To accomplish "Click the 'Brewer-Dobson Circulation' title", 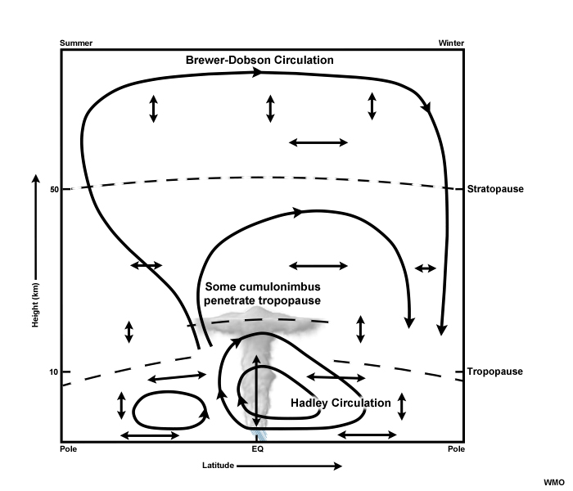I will click(259, 61).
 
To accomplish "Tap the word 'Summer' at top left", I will click(77, 42).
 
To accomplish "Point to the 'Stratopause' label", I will click(494, 189).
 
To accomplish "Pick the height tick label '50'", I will click(54, 189).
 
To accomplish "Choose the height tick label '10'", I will click(54, 372).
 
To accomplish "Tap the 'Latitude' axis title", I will click(219, 466).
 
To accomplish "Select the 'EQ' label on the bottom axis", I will click(256, 449).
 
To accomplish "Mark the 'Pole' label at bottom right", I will click(456, 449).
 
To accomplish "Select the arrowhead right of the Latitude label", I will click(337, 466).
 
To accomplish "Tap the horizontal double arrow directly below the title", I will click(318, 142).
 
